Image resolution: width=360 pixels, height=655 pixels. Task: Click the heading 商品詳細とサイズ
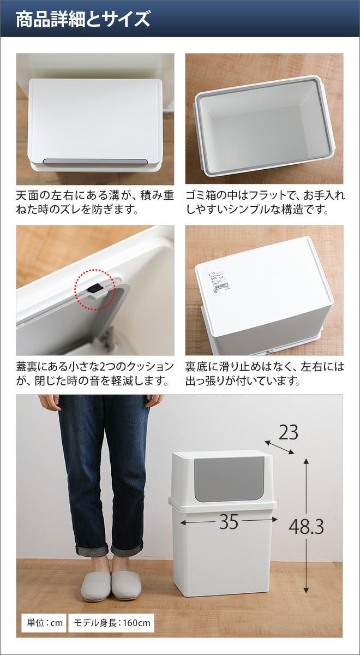point(83,19)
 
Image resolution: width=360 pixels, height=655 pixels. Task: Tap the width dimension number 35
point(229,521)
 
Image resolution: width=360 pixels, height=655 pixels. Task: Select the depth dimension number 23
point(288,432)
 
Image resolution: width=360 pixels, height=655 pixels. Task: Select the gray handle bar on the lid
point(95,162)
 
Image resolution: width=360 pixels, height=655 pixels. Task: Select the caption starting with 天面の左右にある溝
point(95,202)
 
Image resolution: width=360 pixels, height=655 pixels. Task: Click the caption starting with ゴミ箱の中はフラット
point(265,202)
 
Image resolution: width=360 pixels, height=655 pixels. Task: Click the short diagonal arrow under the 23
point(279,448)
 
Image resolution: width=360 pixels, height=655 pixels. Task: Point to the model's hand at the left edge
point(50,403)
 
